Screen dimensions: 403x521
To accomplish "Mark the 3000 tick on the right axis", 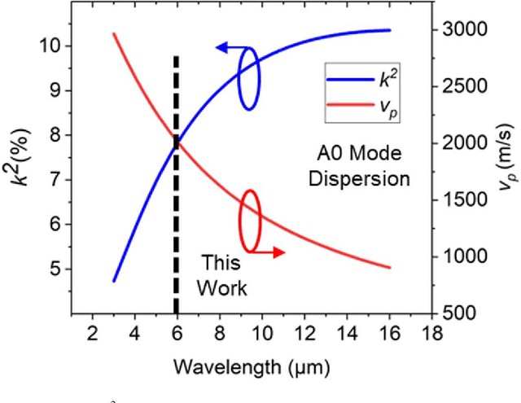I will tap(461, 30).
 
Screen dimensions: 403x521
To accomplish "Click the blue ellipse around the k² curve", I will tap(249, 79).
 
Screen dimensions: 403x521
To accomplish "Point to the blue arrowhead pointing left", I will tap(221, 49).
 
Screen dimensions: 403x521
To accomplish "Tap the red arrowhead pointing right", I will tap(281, 252).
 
